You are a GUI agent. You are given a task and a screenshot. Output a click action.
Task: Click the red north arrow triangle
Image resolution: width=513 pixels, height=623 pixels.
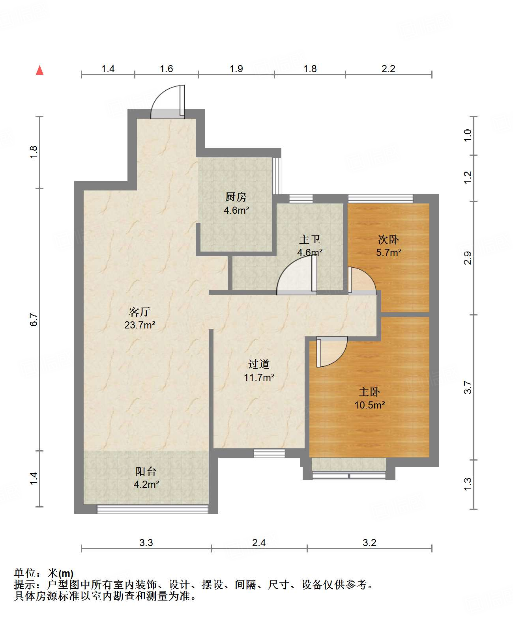[39, 71]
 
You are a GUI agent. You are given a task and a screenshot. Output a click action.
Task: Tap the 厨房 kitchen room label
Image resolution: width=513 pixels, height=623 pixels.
[236, 196]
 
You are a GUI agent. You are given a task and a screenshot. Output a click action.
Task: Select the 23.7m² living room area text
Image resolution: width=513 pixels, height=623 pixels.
[140, 325]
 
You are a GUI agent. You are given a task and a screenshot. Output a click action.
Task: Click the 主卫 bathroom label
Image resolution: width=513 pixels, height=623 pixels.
[309, 239]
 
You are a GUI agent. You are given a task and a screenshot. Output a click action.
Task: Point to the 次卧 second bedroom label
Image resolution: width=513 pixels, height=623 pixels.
[388, 239]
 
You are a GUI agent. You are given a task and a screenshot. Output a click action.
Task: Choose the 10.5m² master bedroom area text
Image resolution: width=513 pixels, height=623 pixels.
[369, 405]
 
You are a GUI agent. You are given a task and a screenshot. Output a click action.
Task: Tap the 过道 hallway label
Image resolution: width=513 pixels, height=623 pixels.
[258, 364]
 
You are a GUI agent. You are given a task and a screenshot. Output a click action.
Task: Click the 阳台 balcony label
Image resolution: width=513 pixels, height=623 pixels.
[146, 471]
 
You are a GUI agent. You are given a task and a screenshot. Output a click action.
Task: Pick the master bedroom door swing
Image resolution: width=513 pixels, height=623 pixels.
[331, 352]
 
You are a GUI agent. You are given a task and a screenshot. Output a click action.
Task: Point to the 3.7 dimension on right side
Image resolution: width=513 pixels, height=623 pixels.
[468, 387]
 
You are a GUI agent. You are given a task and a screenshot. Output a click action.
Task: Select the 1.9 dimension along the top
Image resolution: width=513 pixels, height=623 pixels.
[236, 69]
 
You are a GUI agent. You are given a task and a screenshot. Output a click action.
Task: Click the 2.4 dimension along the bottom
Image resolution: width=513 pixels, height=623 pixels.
[259, 543]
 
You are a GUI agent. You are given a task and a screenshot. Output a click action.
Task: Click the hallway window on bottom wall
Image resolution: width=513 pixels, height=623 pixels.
[269, 453]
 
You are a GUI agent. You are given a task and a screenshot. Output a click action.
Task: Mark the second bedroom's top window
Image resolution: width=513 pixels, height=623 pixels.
[380, 198]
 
